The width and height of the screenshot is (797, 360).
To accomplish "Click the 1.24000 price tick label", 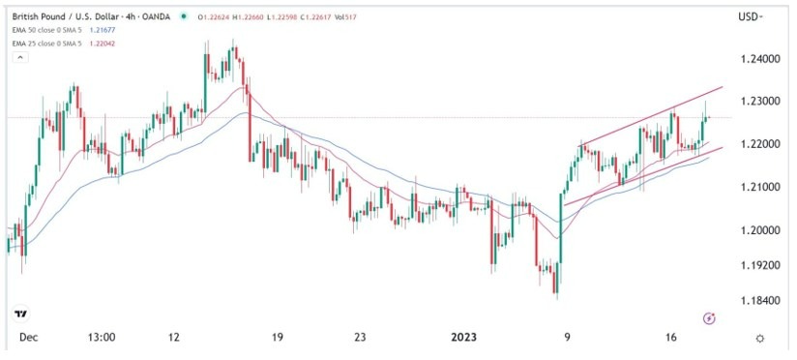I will (758, 59).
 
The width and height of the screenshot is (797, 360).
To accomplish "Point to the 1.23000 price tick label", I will (758, 101).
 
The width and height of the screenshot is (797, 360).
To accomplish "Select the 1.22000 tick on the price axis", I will (758, 143).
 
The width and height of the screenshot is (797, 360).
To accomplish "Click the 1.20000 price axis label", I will (758, 229).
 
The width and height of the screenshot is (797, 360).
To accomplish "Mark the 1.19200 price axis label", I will (758, 263).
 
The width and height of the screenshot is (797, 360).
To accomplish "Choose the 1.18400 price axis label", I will (758, 300).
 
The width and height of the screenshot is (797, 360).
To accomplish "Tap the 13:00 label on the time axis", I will (102, 338).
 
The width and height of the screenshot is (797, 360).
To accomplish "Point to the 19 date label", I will (277, 338).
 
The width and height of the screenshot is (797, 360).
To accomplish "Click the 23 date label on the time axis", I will (360, 338).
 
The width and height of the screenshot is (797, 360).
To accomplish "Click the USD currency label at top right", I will (749, 16).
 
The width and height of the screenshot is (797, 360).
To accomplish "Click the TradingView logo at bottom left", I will (19, 315).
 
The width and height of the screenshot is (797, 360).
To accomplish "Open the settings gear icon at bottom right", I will (761, 338).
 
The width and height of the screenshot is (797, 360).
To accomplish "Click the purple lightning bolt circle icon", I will (709, 317).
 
